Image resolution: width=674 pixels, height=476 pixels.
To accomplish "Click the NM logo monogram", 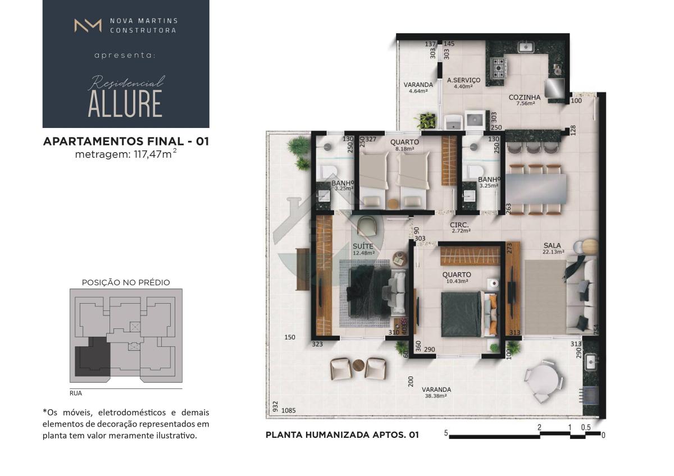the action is pos(88,25).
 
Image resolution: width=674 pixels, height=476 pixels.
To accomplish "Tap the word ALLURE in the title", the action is pos(125,104).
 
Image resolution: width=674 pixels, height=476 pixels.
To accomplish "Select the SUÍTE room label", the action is pos(363,246).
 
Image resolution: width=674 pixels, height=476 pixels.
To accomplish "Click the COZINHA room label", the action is pos(525,98).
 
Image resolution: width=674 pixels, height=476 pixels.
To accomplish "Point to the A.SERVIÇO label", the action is pos(464,80).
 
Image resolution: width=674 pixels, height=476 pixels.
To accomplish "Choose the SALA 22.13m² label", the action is pos(553,249).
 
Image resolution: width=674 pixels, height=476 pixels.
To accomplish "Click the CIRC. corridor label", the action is pos(459,225).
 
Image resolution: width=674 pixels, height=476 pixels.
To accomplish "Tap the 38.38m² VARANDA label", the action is pos(436,392).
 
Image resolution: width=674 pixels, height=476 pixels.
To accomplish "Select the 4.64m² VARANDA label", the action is pos(418,88).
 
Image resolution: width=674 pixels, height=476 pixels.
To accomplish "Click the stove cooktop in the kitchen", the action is pos(499,68).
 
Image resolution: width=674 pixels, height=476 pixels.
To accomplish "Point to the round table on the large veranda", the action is pos(545,381).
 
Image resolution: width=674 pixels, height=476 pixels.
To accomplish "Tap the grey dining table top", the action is pos(536,189).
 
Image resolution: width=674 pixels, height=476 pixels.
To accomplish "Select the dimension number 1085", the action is pos(288,410).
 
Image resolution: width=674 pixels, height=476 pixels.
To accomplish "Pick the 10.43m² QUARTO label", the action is pos(457,277).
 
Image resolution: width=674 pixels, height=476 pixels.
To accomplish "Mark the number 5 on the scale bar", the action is pos(446,433).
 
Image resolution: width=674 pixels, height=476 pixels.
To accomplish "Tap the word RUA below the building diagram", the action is pos(75,393).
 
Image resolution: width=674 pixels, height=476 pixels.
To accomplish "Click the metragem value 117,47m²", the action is pos(155,154).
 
